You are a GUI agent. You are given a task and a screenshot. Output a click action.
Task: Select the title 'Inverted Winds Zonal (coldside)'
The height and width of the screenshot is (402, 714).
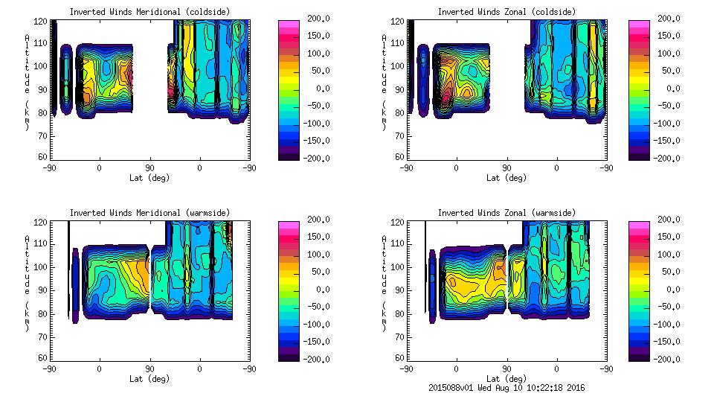tap(506, 12)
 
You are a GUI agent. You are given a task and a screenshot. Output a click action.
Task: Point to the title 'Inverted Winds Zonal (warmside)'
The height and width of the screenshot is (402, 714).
tap(506, 213)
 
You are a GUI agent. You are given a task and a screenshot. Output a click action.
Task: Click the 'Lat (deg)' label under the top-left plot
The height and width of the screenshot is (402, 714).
tap(149, 178)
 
